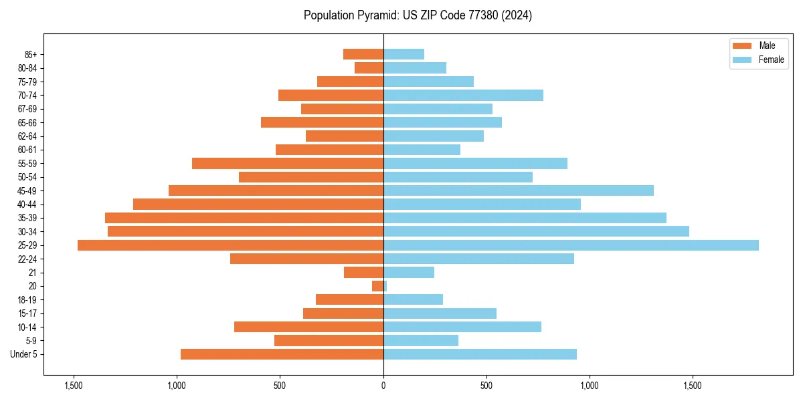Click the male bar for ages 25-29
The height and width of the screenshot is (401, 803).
pyautogui.click(x=230, y=245)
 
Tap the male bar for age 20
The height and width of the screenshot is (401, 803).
pyautogui.click(x=378, y=286)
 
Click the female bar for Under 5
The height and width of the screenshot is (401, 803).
pyautogui.click(x=480, y=354)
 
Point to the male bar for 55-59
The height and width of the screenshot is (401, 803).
pyautogui.click(x=288, y=163)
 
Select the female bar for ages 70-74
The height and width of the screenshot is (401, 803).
pyautogui.click(x=463, y=95)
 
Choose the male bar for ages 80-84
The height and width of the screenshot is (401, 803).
pyautogui.click(x=369, y=68)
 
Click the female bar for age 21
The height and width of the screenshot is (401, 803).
pyautogui.click(x=409, y=273)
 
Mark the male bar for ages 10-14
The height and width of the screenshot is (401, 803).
pyautogui.click(x=308, y=327)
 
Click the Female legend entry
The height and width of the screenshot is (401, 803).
pyautogui.click(x=759, y=59)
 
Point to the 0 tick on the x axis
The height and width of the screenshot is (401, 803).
pyautogui.click(x=383, y=386)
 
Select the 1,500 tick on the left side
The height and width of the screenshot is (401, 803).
pyautogui.click(x=74, y=386)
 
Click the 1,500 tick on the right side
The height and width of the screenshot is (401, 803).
pyautogui.click(x=693, y=386)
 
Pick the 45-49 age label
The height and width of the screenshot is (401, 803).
pyautogui.click(x=27, y=190)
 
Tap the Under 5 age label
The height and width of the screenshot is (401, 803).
pyautogui.click(x=24, y=354)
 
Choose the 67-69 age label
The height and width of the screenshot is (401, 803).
pyautogui.click(x=27, y=109)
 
